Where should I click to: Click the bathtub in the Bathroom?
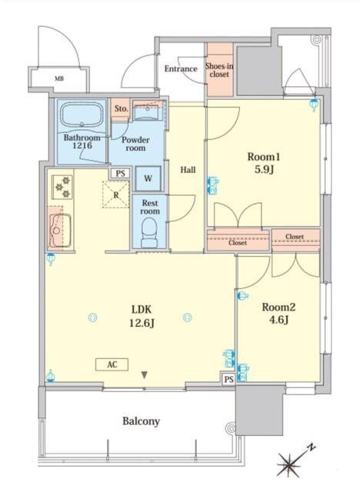click(82, 115)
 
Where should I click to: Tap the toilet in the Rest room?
click(149, 232)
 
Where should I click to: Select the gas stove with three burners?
click(62, 187)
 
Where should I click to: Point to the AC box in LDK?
click(112, 364)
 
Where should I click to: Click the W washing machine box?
click(148, 178)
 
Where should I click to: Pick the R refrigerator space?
click(116, 194)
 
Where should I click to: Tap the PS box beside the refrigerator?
click(121, 174)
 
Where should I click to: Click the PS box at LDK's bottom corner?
click(228, 380)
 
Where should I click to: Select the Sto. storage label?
click(121, 109)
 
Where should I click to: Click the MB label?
click(59, 78)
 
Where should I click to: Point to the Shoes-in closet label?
click(219, 70)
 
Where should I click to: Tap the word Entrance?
click(181, 68)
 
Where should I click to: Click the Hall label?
click(188, 170)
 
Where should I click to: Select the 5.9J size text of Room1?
click(264, 170)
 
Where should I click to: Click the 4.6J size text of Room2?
click(278, 320)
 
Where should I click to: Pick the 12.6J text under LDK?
click(142, 323)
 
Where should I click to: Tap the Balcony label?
click(141, 421)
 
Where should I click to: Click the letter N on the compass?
click(311, 447)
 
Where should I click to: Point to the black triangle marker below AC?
click(144, 375)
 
